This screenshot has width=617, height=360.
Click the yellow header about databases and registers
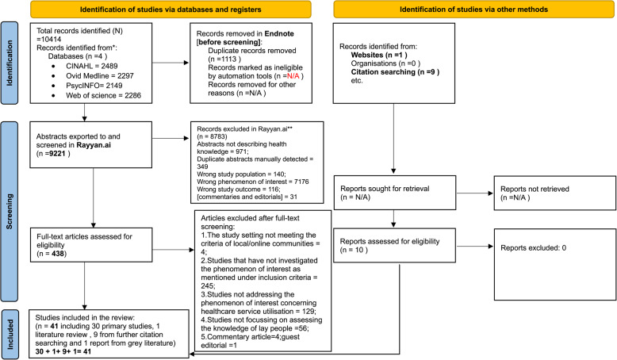[171, 10]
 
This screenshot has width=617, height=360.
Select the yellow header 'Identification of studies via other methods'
[473, 10]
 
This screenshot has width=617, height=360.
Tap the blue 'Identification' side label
[10, 63]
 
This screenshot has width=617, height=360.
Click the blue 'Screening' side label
[10, 211]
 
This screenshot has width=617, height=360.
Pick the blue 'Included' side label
[10, 334]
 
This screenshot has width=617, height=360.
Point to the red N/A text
[293, 76]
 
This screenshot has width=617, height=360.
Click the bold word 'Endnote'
[279, 34]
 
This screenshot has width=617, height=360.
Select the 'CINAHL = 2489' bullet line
[92, 66]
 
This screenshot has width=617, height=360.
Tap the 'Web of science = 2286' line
[103, 95]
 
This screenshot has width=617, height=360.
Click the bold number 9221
[56, 154]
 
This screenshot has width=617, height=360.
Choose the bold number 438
[58, 254]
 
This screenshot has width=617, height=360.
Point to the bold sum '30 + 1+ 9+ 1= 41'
[63, 351]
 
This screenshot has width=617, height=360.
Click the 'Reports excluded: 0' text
[533, 248]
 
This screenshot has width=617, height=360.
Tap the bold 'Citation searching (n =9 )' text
[395, 72]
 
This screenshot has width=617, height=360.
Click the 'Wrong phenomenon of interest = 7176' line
[253, 182]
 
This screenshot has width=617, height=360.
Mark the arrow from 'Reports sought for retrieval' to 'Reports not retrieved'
[474, 193]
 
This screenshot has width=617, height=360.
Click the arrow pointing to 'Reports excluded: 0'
[474, 247]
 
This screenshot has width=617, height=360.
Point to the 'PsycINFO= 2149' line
[94, 86]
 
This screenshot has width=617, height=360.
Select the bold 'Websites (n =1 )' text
[379, 55]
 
